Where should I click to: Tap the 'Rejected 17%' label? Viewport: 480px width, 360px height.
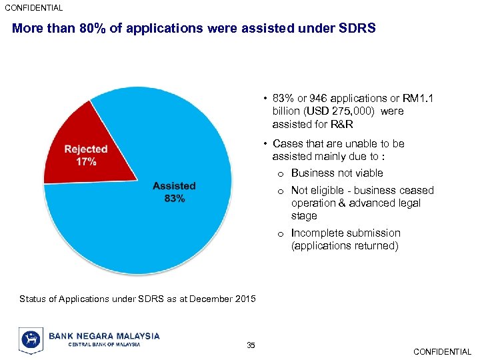coord(85,155)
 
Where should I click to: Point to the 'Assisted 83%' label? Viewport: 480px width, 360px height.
coord(174,192)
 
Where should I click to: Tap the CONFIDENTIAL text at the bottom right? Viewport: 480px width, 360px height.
coord(442,351)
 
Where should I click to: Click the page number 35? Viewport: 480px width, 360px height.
coord(251,345)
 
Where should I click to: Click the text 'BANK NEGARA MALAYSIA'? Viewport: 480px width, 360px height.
coord(104,336)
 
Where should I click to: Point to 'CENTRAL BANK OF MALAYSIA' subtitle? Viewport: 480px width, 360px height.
coord(104,345)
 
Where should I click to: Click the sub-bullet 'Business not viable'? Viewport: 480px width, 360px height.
coord(337,173)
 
